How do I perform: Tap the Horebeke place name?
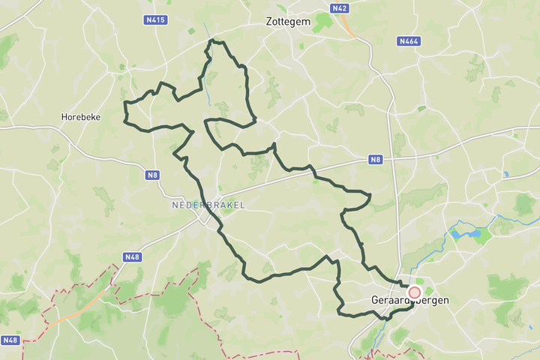(81, 117)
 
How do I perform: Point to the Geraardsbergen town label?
(410, 300)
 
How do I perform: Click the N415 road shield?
(155, 19)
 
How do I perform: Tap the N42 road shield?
(340, 8)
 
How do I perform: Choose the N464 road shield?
(409, 41)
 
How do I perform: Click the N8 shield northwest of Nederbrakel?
(153, 175)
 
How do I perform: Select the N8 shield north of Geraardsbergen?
(376, 160)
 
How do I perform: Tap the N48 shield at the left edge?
(10, 340)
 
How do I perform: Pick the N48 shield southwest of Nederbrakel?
(132, 257)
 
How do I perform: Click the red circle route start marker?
(414, 292)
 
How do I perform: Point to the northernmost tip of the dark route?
(213, 40)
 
